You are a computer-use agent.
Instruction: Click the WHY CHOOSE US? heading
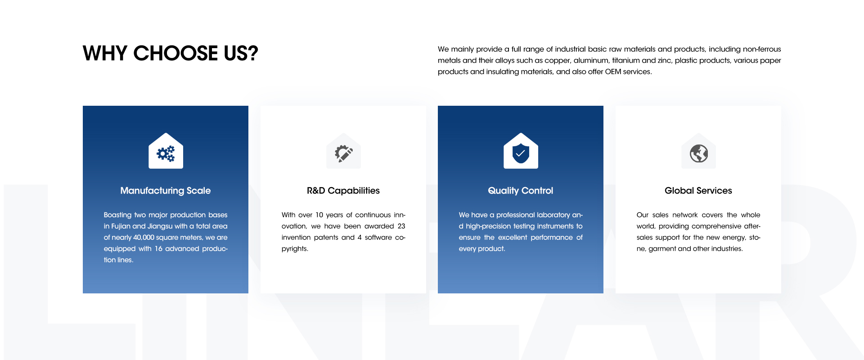[171, 53]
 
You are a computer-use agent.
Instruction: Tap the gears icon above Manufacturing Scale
[166, 153]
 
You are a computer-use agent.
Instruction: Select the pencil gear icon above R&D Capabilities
[343, 153]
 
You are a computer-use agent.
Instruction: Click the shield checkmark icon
[521, 153]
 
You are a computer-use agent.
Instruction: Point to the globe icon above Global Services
[699, 153]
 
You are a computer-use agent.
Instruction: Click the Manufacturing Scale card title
[166, 191]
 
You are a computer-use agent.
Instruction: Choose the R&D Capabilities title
[343, 191]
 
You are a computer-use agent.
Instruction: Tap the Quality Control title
[521, 191]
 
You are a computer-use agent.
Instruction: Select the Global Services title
[698, 191]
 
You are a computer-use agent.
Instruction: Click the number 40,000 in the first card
[144, 238]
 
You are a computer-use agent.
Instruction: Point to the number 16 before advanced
[158, 249]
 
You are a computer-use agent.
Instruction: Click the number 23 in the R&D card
[401, 226]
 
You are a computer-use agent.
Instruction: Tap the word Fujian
[121, 226]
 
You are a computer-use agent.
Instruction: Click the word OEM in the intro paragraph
[613, 72]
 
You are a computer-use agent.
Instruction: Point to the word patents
[326, 238]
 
